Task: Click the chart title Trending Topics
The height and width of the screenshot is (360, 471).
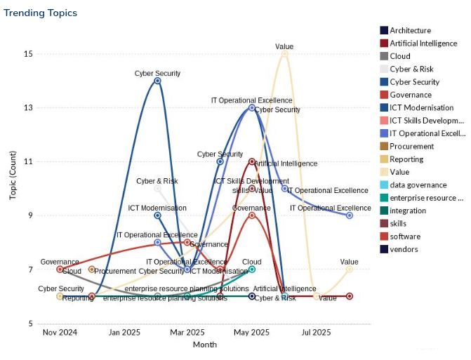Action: click(40, 13)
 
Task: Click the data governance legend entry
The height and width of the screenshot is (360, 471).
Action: click(418, 185)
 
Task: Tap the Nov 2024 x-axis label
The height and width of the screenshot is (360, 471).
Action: click(60, 332)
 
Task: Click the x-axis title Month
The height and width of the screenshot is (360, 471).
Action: click(204, 345)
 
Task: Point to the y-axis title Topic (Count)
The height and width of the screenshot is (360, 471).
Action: click(13, 174)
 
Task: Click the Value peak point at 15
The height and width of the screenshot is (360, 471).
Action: click(284, 54)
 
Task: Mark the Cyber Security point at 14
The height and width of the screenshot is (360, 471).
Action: click(157, 81)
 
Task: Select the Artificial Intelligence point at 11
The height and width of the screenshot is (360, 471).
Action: click(252, 161)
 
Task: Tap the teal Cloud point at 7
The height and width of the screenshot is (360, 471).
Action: click(252, 269)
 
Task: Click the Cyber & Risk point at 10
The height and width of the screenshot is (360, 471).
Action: click(157, 189)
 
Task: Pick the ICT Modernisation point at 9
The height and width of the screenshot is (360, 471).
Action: click(157, 215)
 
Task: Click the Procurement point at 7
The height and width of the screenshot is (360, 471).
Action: click(92, 269)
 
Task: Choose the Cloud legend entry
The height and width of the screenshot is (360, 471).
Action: click(400, 56)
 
